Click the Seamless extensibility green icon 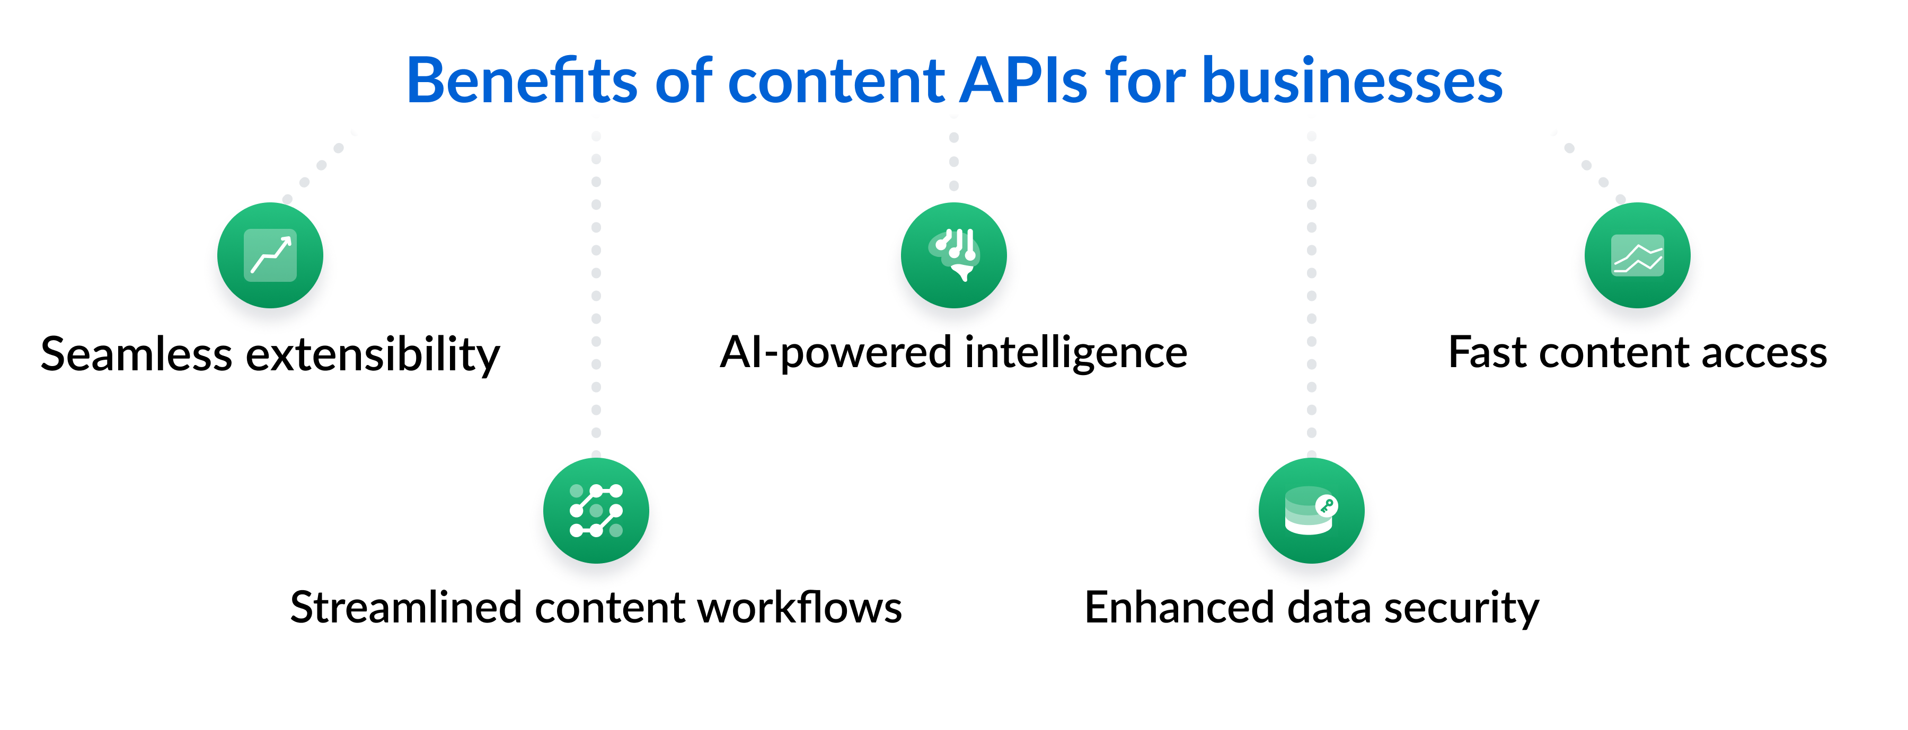270,255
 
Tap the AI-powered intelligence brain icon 954,255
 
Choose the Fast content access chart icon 1637,255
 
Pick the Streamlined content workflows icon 596,511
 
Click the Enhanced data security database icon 1311,511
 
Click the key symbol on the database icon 1326,506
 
